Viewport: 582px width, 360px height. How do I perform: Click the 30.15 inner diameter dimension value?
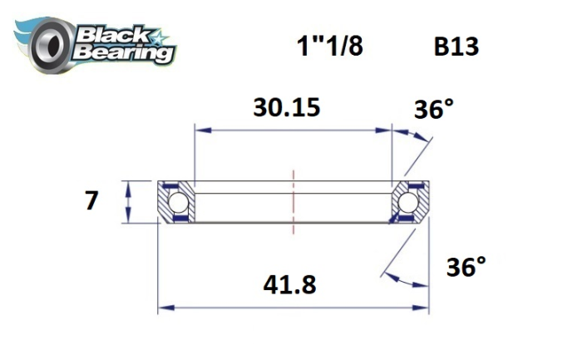point(286,107)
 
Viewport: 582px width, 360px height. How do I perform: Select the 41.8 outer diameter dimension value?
point(289,285)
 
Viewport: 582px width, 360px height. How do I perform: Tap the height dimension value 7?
point(91,201)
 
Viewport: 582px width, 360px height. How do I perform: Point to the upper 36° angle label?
point(432,110)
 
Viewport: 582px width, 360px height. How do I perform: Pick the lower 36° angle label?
point(466,267)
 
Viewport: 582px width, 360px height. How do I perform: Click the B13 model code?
point(456,47)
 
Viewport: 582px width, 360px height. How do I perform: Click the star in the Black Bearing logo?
point(161,36)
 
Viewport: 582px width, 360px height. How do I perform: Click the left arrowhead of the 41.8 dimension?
point(164,307)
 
